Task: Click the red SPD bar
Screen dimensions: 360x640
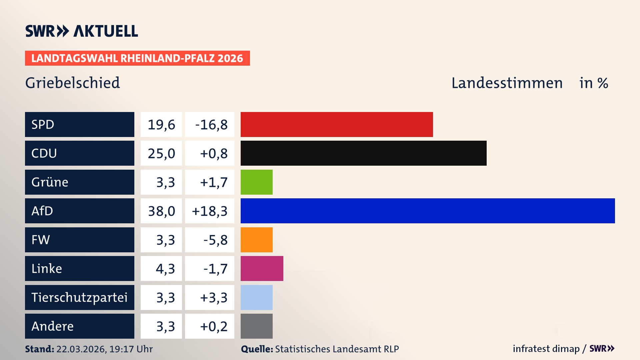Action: pos(337,124)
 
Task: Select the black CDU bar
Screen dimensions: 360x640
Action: pos(363,153)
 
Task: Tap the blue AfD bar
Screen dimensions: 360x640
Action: pos(428,211)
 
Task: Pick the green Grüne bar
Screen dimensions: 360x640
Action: pos(256,182)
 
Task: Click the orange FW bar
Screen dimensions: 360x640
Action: pos(256,240)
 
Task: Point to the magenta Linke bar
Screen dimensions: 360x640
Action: pos(262,268)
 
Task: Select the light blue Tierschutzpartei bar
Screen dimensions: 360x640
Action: pos(256,297)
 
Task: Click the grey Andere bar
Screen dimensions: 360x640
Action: pos(256,326)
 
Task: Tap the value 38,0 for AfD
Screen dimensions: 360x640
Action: pos(161,211)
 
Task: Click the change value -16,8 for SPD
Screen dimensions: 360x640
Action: pos(211,125)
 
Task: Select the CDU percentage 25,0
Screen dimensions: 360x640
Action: pos(161,153)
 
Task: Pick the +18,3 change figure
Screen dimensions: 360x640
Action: pos(210,211)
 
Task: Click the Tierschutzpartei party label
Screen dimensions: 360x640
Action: pos(79,297)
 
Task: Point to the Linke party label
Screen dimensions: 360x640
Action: pos(47,268)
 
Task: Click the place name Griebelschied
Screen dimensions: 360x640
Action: pos(72,83)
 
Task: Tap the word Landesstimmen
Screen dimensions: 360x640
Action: pos(507,83)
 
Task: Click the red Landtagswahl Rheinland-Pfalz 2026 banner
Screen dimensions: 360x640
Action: pos(137,58)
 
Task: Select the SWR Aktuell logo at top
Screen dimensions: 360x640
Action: pos(81,31)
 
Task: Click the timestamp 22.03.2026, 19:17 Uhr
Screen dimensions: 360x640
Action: pos(104,349)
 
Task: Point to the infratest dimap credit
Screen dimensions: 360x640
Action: pos(546,349)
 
